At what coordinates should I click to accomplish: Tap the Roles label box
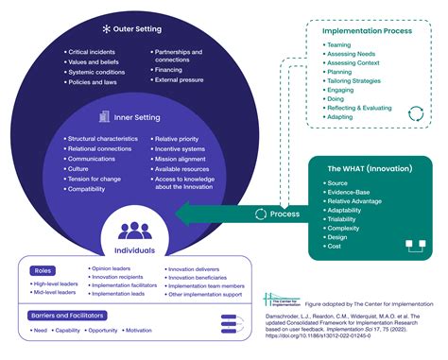(43, 270)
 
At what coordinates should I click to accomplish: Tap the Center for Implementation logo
(280, 301)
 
